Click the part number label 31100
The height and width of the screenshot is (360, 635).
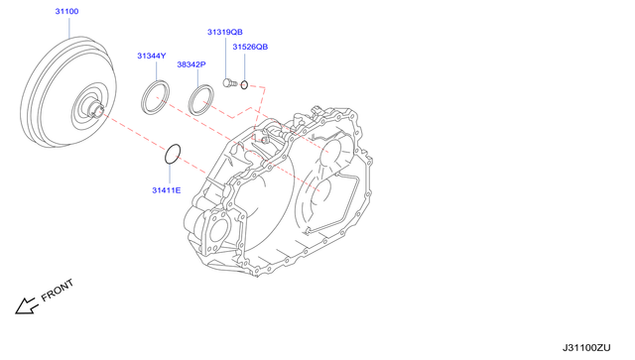pos(67,12)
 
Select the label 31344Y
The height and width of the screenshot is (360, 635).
pos(152,56)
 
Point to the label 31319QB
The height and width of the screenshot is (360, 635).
pos(224,32)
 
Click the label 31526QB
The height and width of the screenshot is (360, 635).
pos(250,47)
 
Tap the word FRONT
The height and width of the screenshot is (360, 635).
pos(58,290)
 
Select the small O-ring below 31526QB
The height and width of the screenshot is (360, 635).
pos(243,83)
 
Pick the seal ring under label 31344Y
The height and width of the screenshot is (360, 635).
pos(154,100)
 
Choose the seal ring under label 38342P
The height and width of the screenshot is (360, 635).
pos(201,100)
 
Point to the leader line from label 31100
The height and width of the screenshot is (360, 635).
pos(67,27)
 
